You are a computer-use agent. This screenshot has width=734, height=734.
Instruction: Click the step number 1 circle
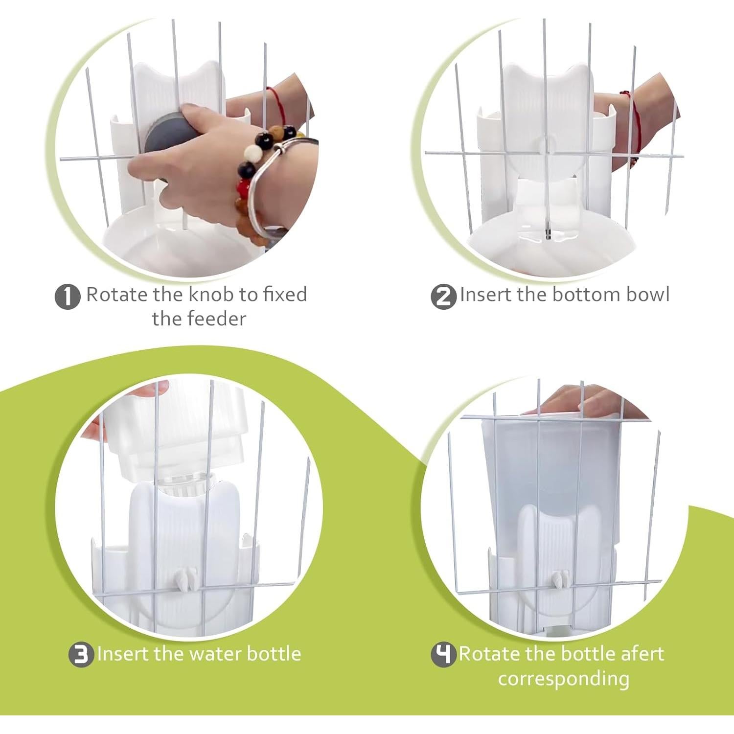click(68, 297)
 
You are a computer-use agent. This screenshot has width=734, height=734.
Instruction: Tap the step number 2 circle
click(443, 297)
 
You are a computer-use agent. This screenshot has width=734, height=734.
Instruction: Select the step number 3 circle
click(81, 655)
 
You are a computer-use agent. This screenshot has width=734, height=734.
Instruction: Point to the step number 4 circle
click(443, 655)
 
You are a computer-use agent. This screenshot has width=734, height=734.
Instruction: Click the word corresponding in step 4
click(564, 679)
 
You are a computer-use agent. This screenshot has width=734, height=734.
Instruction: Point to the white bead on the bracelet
click(253, 151)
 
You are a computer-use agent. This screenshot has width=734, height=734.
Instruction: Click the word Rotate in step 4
click(488, 654)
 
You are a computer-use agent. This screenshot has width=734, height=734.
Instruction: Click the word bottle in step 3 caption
click(274, 654)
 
